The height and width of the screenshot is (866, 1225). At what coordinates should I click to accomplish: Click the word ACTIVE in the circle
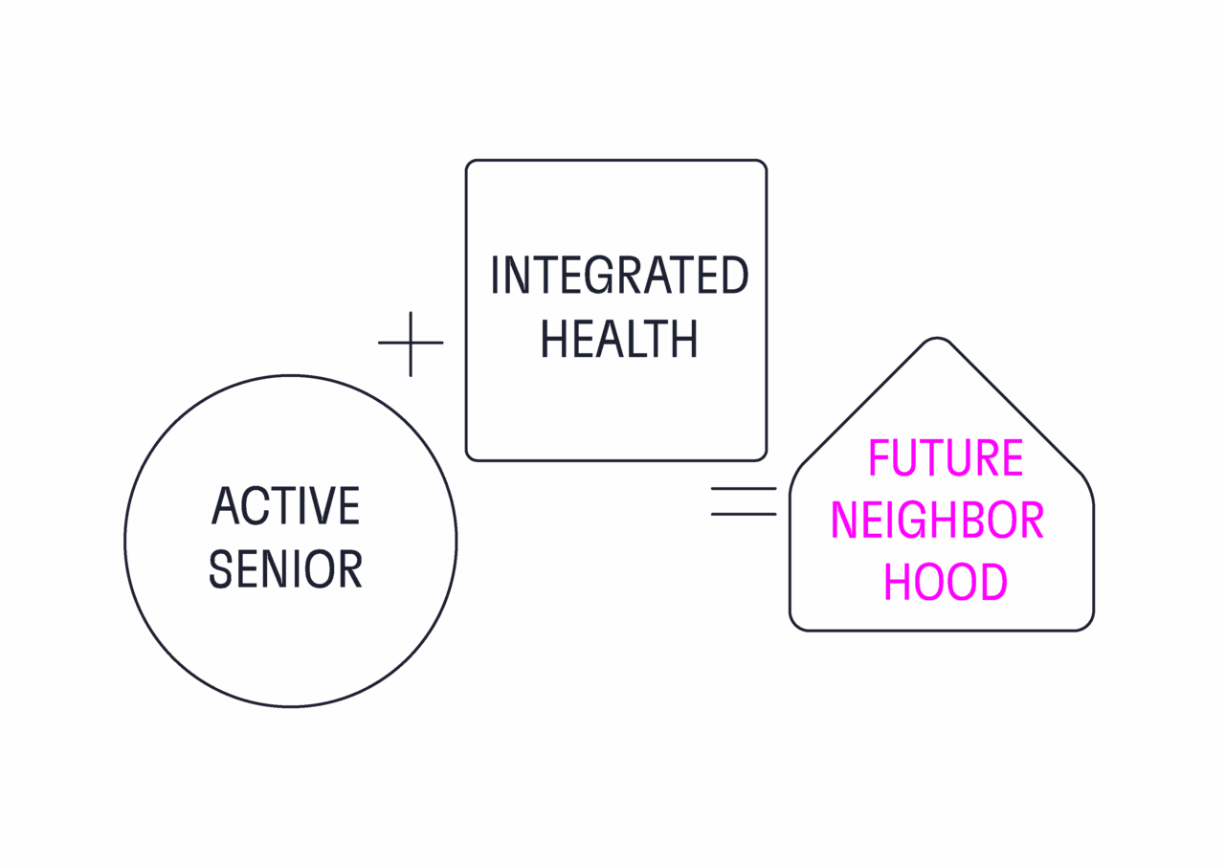click(x=285, y=505)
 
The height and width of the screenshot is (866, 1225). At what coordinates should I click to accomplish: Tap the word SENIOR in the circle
click(x=285, y=569)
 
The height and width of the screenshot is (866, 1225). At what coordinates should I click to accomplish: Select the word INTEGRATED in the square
click(x=619, y=275)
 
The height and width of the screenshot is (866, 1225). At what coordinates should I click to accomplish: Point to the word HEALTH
click(x=619, y=339)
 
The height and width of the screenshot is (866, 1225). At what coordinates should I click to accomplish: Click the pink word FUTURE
click(x=946, y=457)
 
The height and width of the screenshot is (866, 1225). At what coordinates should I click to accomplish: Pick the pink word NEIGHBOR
click(x=937, y=520)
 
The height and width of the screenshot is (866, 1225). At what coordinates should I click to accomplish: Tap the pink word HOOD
click(x=946, y=582)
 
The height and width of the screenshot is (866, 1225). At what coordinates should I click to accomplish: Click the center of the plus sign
click(x=411, y=344)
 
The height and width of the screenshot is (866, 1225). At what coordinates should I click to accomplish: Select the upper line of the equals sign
click(x=744, y=488)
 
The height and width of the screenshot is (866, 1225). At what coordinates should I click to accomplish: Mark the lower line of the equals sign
click(x=744, y=514)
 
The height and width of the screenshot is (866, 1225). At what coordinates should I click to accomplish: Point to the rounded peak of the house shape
click(x=937, y=339)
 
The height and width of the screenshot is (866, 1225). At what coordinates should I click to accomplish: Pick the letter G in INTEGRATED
click(x=600, y=275)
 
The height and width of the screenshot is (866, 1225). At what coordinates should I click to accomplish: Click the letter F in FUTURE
click(x=880, y=457)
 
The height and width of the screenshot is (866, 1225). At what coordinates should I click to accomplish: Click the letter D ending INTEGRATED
click(x=735, y=275)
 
